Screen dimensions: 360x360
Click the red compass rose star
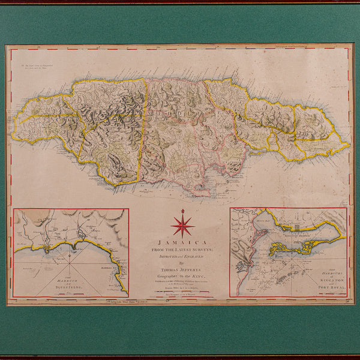pos(182,226)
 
